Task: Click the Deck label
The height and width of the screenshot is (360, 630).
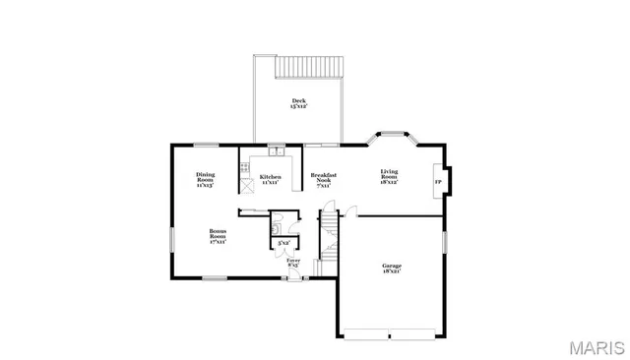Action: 298,103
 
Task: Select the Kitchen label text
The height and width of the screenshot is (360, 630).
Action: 271,178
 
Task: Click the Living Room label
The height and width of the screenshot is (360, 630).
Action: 390,177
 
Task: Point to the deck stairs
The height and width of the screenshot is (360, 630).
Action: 308,67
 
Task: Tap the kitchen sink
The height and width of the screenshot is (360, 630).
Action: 277,151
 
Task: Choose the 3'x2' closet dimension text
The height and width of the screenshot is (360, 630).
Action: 283,242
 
